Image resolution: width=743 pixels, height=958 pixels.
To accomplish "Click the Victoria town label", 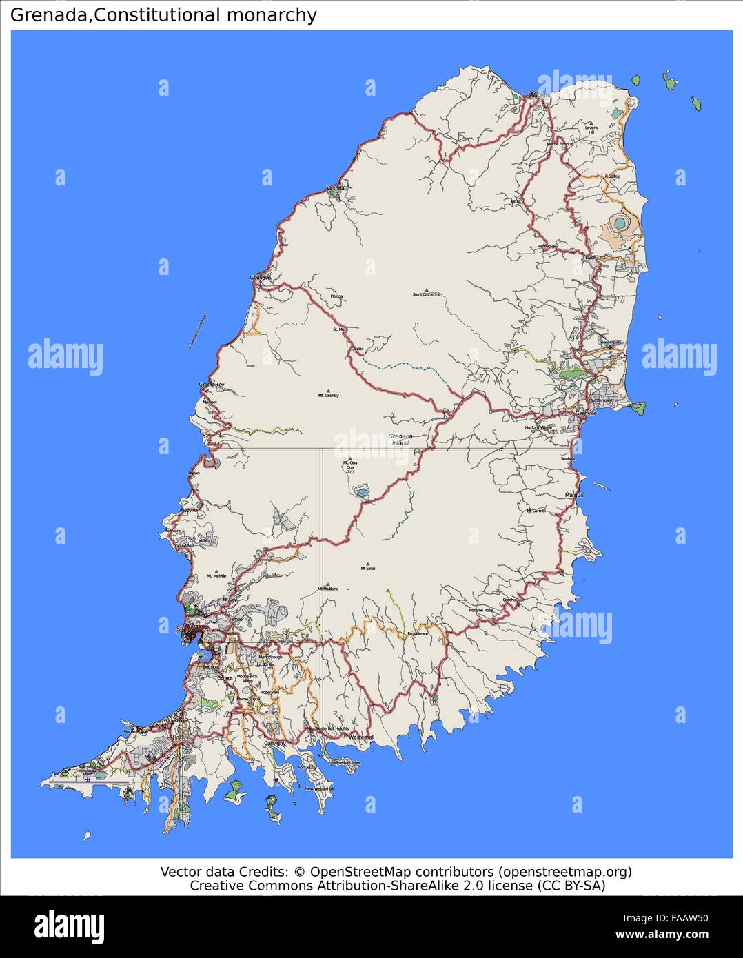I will tap(336, 188).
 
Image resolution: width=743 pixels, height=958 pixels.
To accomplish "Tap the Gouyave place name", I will tap(261, 278).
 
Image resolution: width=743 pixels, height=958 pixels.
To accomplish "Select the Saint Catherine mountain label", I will tap(427, 295).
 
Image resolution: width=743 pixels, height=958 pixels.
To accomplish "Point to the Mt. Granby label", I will tap(328, 396).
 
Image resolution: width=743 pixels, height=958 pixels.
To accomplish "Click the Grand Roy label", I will tap(212, 385).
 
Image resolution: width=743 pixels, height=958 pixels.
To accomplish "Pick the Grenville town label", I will tap(586, 413).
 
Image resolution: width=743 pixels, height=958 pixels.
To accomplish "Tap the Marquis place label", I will tap(574, 495).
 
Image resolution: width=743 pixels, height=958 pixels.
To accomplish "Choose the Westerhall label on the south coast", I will tap(362, 737).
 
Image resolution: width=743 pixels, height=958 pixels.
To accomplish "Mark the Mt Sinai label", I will tap(367, 569).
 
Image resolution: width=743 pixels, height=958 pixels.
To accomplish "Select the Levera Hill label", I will tap(591, 130).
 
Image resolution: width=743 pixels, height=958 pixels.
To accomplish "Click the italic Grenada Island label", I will tap(400, 439).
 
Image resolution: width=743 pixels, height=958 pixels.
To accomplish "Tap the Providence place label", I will tap(418, 633).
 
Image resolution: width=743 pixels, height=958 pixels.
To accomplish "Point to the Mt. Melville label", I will tap(216, 576).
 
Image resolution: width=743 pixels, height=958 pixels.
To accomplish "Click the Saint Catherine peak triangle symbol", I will tap(427, 289).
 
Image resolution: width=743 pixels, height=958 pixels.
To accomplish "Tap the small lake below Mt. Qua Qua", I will tap(361, 491).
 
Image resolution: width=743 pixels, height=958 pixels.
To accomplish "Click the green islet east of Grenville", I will tap(638, 408).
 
